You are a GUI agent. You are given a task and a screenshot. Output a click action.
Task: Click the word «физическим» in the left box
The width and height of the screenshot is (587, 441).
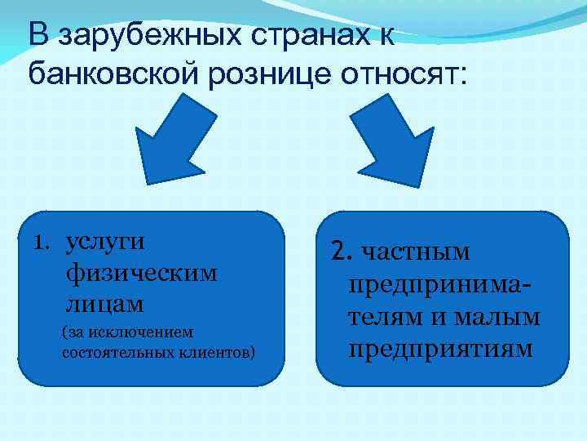(141, 273)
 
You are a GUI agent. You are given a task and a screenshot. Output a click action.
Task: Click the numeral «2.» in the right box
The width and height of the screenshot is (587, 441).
(341, 252)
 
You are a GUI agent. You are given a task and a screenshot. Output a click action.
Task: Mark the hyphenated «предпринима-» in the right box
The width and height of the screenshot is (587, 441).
(440, 284)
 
